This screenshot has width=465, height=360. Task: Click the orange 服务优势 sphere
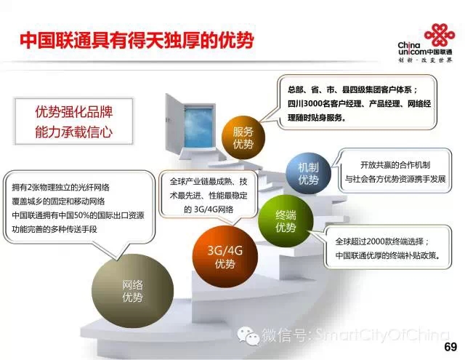(243, 137)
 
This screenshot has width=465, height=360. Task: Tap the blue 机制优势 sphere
(308, 173)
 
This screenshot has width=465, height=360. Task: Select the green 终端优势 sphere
(286, 221)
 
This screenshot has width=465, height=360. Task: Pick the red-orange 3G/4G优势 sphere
(225, 256)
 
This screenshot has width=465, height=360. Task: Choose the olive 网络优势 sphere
(132, 291)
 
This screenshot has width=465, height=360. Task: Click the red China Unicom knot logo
(440, 35)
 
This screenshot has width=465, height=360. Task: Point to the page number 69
(450, 347)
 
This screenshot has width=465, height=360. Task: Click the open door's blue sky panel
(198, 127)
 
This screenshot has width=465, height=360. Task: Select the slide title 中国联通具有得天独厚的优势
(137, 40)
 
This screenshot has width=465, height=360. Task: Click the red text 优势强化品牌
(74, 112)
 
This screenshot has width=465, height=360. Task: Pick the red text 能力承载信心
(74, 132)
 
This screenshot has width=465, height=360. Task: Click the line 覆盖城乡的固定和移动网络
(58, 201)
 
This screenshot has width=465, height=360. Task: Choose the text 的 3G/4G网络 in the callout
(209, 209)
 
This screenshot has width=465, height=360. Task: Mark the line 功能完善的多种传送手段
(54, 229)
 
